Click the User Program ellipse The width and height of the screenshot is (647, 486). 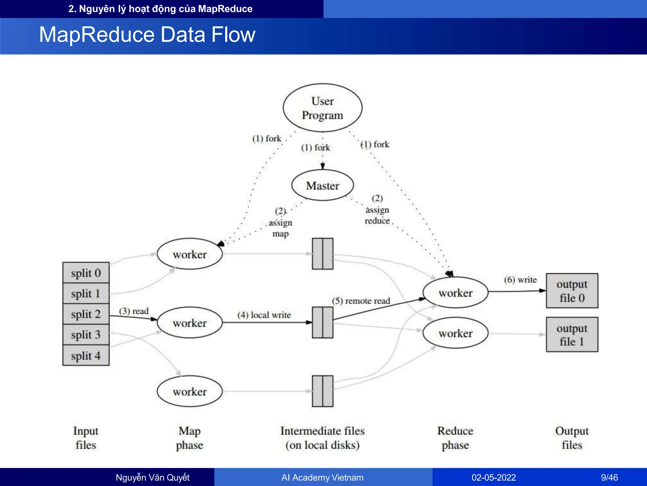pos(323,108)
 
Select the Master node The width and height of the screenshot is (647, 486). pos(323,185)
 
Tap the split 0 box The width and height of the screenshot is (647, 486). pos(86,273)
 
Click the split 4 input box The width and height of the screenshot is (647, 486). pos(86,356)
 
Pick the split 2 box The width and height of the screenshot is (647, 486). pos(86,314)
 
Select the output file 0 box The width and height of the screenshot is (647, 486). pos(572,291)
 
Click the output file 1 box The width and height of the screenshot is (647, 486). pos(572,334)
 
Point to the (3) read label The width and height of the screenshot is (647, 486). pos(134,311)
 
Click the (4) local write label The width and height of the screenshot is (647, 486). pos(264,315)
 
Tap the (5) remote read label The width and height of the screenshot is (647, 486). pos(361,301)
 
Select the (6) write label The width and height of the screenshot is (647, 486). pos(520,280)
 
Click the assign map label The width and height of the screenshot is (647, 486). pos(281,223)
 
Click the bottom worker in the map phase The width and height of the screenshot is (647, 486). pos(190,391)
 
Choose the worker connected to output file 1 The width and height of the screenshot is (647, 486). pos(455,333)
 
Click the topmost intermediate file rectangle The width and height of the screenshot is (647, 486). pos(323,254)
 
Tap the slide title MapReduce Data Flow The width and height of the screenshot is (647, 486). pos(147,34)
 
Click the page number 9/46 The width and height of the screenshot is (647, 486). pos(609,477)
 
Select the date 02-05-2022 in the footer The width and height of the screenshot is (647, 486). pos(494,477)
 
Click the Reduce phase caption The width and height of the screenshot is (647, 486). pos(455,438)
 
